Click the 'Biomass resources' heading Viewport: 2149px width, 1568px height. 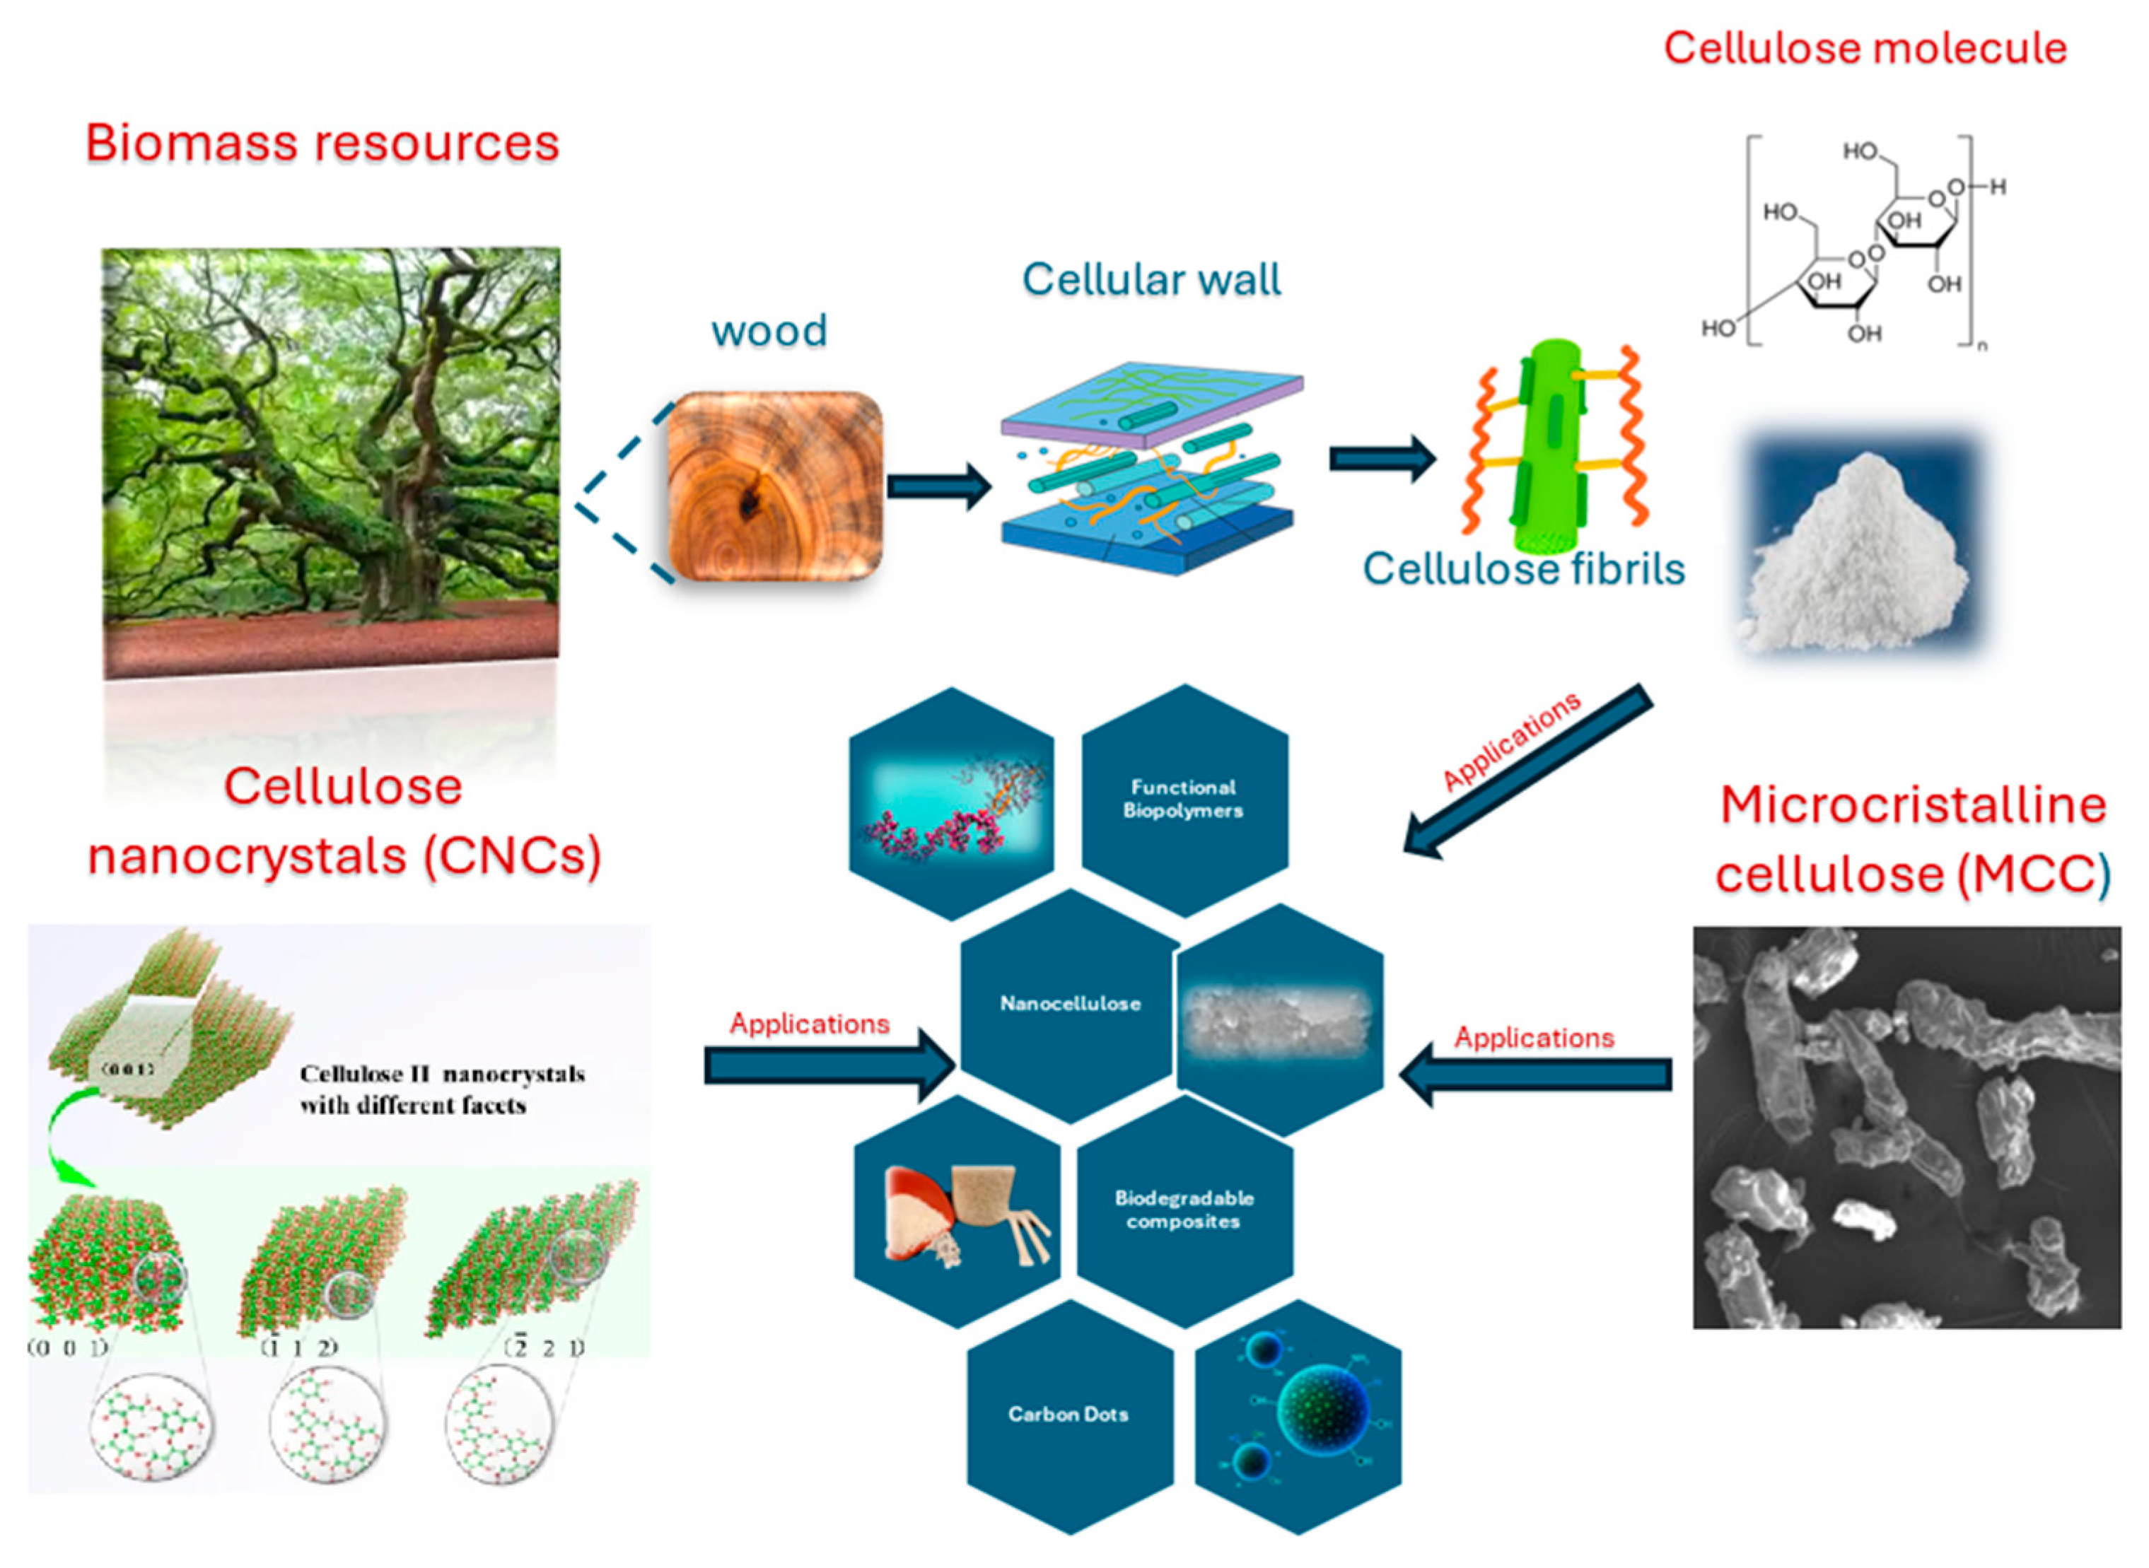322,144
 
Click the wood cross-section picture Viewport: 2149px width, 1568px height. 774,486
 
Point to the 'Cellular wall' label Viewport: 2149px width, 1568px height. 1151,280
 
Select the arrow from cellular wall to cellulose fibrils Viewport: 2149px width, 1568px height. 1381,460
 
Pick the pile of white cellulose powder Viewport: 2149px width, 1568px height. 1856,560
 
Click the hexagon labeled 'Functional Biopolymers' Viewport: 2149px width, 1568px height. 1183,799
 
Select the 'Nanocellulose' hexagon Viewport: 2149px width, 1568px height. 1070,1004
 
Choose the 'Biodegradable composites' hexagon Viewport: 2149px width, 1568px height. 1184,1210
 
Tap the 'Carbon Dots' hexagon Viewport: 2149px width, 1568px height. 1068,1414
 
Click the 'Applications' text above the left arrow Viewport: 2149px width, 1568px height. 809,1023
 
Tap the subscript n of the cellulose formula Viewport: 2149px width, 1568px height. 1981,346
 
